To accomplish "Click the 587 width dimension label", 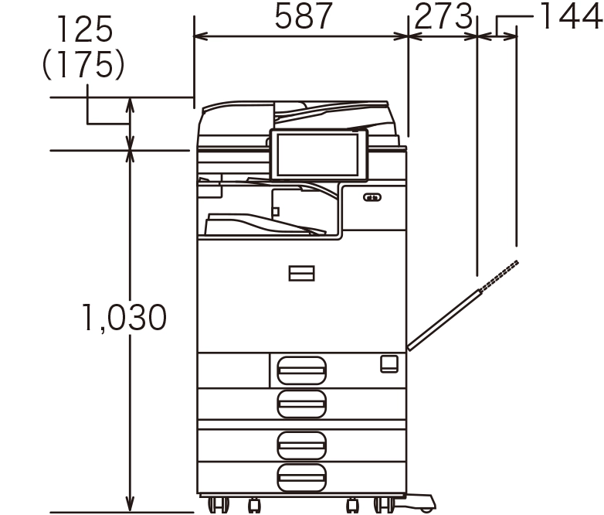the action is pyautogui.click(x=303, y=15).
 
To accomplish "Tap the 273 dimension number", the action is pyautogui.click(x=443, y=15).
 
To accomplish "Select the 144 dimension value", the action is pyautogui.click(x=572, y=15).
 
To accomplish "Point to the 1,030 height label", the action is pyautogui.click(x=124, y=317).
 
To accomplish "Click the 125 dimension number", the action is pyautogui.click(x=84, y=29).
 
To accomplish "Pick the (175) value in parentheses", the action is pyautogui.click(x=83, y=65).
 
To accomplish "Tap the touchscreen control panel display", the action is pyautogui.click(x=318, y=155).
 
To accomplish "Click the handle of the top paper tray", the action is pyautogui.click(x=302, y=370).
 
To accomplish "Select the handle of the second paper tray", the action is pyautogui.click(x=302, y=404).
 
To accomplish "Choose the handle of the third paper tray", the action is pyautogui.click(x=302, y=445).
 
